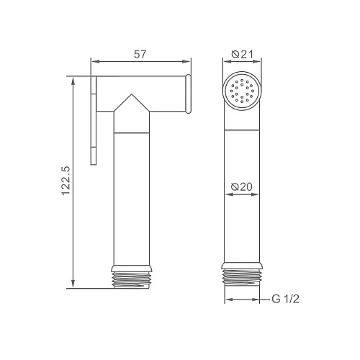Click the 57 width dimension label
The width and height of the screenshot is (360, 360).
[140, 54]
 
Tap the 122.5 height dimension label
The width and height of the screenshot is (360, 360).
[66, 181]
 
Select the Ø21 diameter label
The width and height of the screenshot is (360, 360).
[243, 54]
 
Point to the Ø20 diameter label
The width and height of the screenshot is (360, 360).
[242, 186]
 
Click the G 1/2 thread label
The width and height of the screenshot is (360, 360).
[286, 300]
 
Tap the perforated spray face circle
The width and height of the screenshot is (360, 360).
[242, 91]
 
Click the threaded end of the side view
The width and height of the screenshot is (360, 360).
[132, 280]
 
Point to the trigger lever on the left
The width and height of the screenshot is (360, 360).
[94, 120]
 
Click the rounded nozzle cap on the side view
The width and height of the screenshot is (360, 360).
[189, 94]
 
